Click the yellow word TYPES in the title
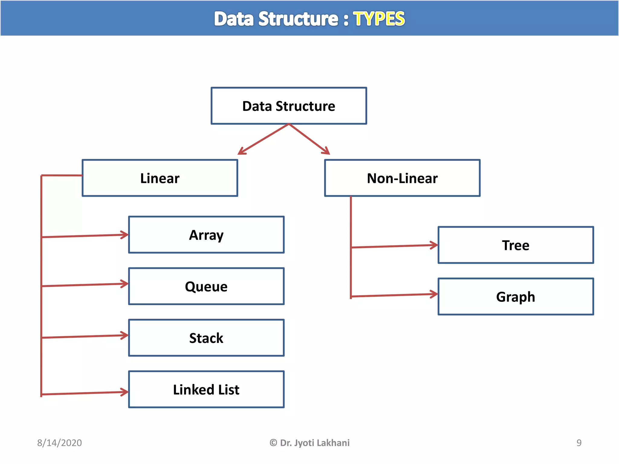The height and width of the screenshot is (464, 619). pos(379,19)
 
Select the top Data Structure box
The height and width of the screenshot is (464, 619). pos(289,106)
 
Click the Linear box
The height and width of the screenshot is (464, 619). pos(160,178)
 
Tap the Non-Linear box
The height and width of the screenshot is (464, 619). pos(402,178)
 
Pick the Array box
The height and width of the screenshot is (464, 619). pos(206,235)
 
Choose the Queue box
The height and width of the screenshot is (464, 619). pos(206,286)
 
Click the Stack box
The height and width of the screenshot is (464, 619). pos(206,338)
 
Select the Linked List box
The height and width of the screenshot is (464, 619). pos(206,389)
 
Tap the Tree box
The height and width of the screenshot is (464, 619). pos(516,245)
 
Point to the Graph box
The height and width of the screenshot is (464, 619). pos(516,297)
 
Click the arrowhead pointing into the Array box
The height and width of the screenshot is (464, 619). pos(125,235)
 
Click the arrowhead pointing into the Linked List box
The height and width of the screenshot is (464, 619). pos(125,392)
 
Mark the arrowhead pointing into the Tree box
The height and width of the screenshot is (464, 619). pos(434,245)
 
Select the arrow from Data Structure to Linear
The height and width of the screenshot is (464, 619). pos(263,139)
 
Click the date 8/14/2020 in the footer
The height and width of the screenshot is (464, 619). pos(59,443)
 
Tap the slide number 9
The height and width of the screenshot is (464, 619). pos(579,443)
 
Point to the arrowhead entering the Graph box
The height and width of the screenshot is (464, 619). pos(434,294)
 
